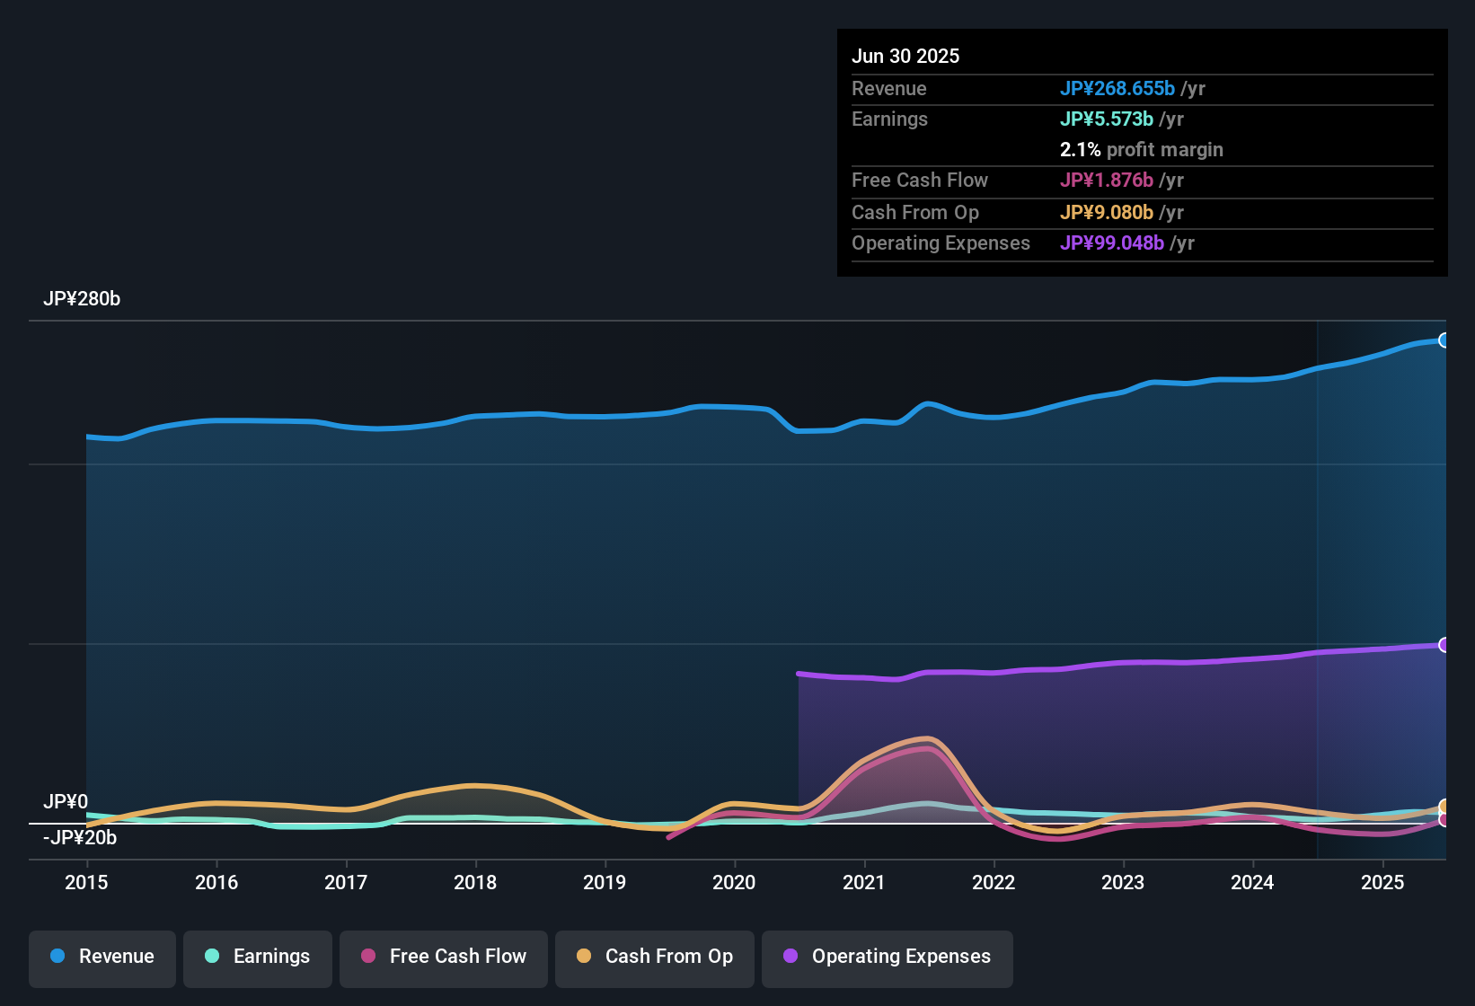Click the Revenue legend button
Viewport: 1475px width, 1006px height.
pos(102,957)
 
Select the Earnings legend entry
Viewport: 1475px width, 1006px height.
pos(258,957)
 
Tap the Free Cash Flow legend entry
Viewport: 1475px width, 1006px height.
pos(444,957)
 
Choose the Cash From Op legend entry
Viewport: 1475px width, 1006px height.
pos(655,957)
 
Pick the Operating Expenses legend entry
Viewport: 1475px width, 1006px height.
pos(888,957)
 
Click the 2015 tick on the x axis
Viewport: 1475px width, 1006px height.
pos(86,882)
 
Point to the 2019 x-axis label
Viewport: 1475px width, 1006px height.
pos(605,882)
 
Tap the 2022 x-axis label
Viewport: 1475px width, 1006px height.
pos(994,882)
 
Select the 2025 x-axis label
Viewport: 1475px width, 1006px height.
pos(1382,882)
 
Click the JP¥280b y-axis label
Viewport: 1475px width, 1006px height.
pos(82,299)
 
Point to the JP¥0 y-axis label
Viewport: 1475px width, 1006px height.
pos(66,801)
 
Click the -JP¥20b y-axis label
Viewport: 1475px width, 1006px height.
pos(80,838)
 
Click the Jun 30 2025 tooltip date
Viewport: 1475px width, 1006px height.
pos(905,56)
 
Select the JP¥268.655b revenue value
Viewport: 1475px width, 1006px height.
pos(1117,88)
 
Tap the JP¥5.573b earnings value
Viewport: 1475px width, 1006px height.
pos(1106,119)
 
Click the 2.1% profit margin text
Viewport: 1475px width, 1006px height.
pos(1141,149)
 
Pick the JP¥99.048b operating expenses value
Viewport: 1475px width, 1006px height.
pos(1111,243)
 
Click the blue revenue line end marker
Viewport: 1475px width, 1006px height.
pos(1444,340)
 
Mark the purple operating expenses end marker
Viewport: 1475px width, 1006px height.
pos(1444,645)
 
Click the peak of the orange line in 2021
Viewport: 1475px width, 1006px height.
pos(928,739)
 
